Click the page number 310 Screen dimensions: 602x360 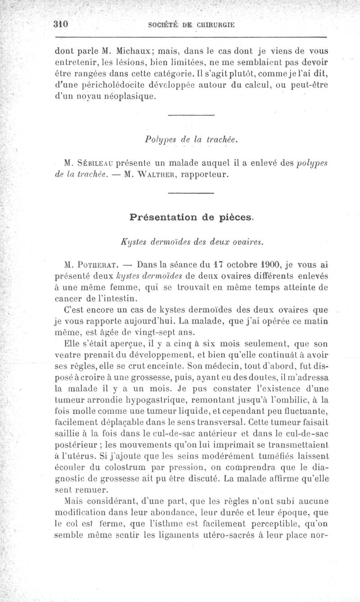coord(60,25)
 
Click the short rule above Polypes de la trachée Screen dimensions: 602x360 coord(190,118)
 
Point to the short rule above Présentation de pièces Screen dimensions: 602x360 coord(190,194)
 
